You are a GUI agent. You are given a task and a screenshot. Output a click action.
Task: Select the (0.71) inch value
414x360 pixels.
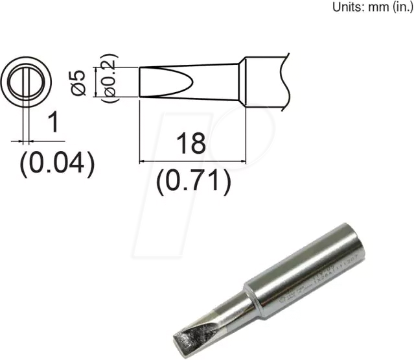(x=193, y=182)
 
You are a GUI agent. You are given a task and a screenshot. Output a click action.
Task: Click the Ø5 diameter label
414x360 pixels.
(x=79, y=82)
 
